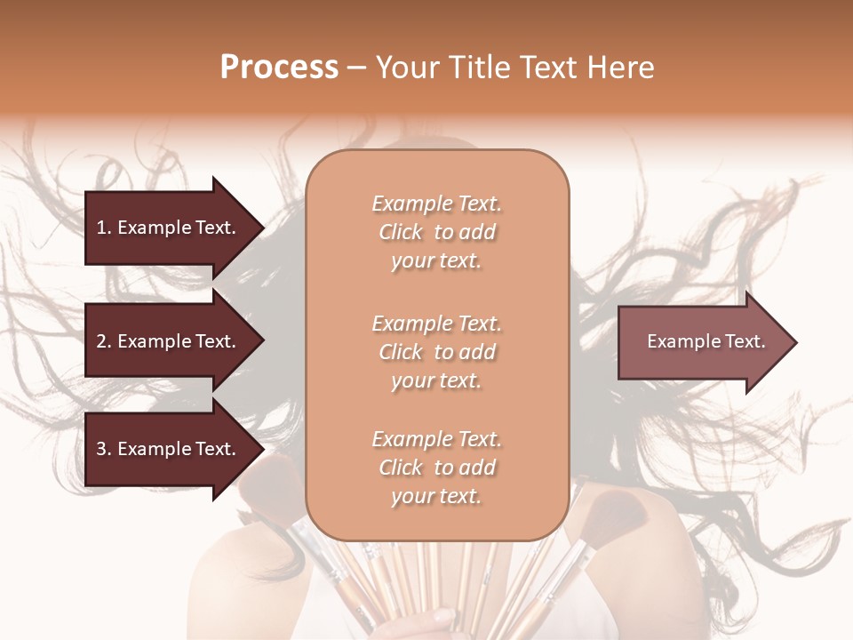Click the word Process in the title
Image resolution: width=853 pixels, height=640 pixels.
pos(279,68)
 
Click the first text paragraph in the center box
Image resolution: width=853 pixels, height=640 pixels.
pos(436,232)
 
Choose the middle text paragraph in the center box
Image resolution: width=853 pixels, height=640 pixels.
pos(436,352)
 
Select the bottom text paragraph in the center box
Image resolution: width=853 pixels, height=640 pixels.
pos(436,468)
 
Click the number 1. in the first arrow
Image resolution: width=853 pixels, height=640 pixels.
pos(104,228)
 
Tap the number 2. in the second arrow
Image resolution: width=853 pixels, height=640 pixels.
pos(104,341)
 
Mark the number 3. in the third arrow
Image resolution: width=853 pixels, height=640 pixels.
pos(104,449)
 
